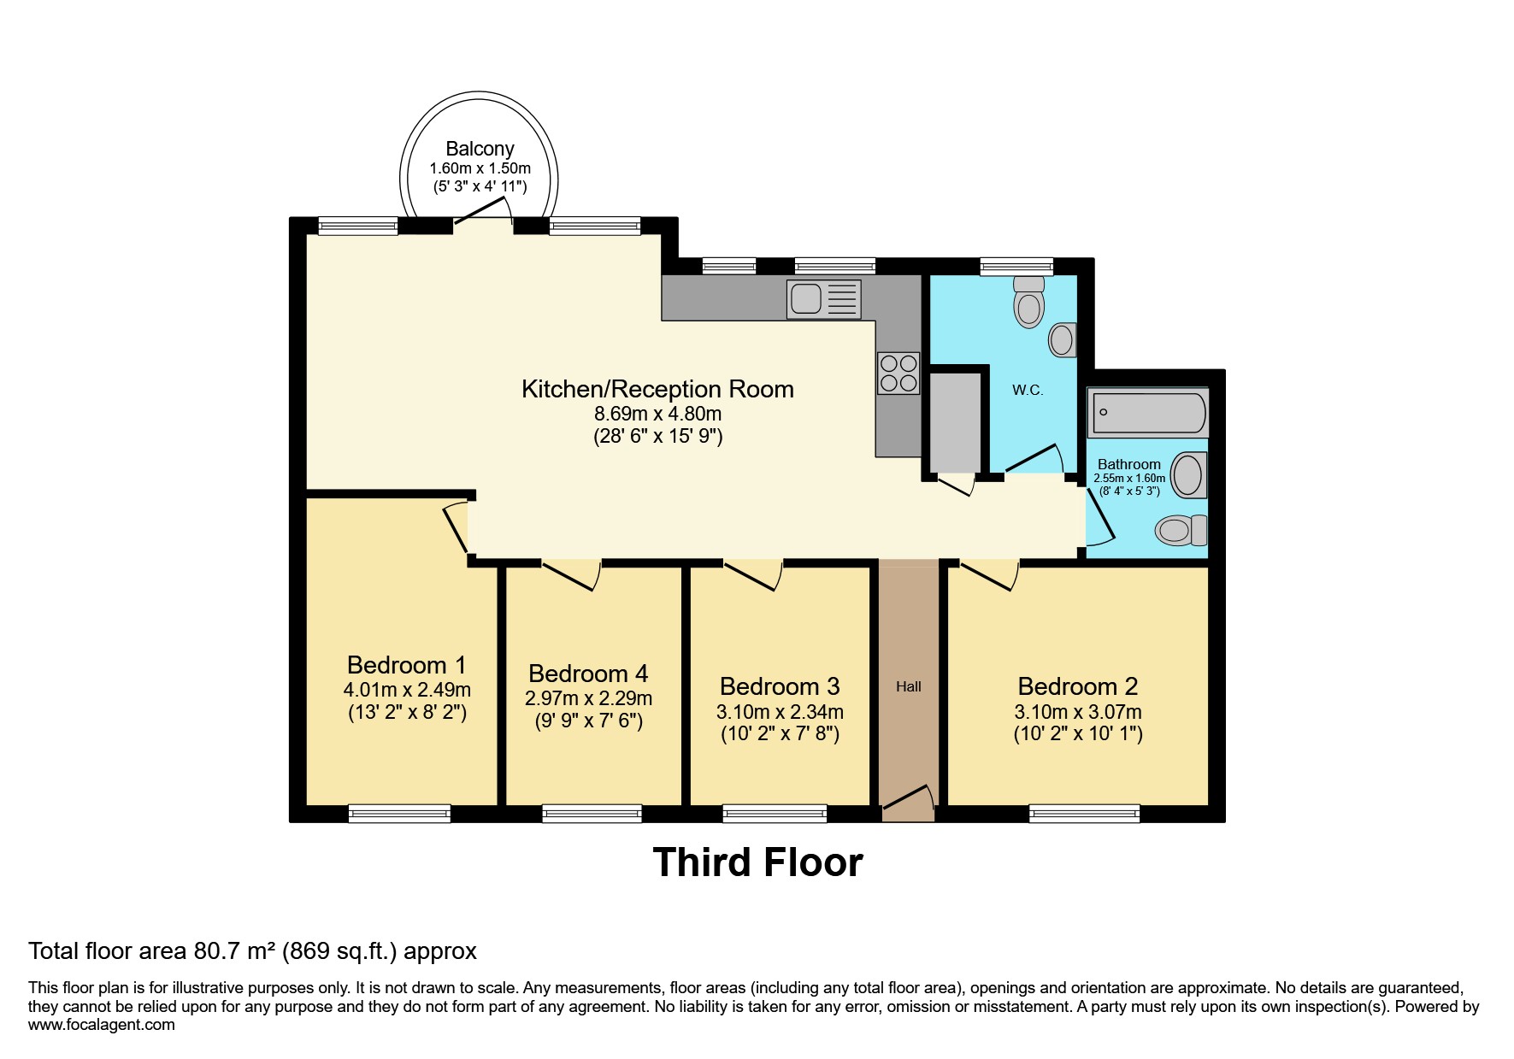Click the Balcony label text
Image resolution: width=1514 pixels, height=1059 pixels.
(480, 149)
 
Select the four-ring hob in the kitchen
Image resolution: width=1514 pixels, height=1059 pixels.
(898, 374)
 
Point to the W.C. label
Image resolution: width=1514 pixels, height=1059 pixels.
(1028, 390)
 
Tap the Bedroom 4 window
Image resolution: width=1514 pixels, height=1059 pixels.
(592, 813)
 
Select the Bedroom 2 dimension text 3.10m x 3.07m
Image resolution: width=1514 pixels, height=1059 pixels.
(1078, 712)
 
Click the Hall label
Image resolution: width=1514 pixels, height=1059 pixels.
(909, 686)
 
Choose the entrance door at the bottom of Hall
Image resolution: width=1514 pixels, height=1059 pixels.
(908, 798)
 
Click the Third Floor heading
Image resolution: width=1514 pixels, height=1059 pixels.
(757, 862)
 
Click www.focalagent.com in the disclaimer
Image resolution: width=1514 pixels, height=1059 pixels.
(101, 1025)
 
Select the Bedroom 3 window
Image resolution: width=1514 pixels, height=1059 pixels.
(775, 813)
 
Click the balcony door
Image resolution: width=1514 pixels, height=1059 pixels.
(483, 212)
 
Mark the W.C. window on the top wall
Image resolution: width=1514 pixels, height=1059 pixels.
(1016, 267)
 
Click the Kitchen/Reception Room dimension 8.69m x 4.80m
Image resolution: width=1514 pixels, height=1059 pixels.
(657, 414)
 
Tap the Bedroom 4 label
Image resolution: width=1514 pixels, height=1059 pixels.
(588, 674)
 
